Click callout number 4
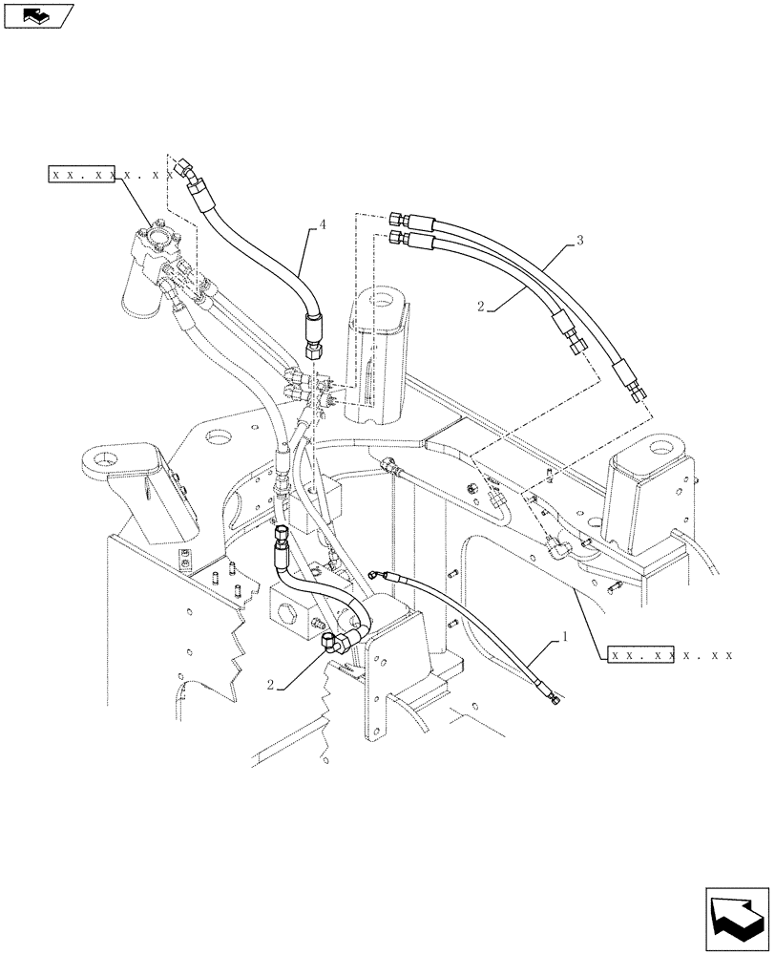[322, 224]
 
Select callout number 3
[579, 240]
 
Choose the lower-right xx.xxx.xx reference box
[671, 656]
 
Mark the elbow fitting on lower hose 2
[337, 645]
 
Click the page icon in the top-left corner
[37, 16]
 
